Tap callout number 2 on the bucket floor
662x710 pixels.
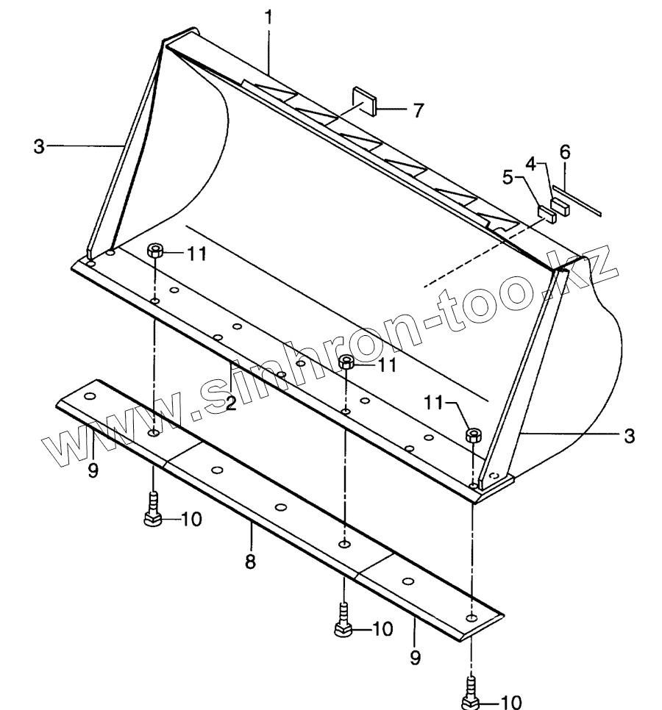(x=230, y=402)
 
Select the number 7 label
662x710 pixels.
(x=417, y=111)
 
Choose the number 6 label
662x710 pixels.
(x=564, y=152)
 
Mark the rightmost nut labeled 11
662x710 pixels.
(x=473, y=434)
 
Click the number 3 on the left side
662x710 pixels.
(x=39, y=147)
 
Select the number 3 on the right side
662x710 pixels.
(x=628, y=436)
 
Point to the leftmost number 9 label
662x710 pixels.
(x=93, y=470)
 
